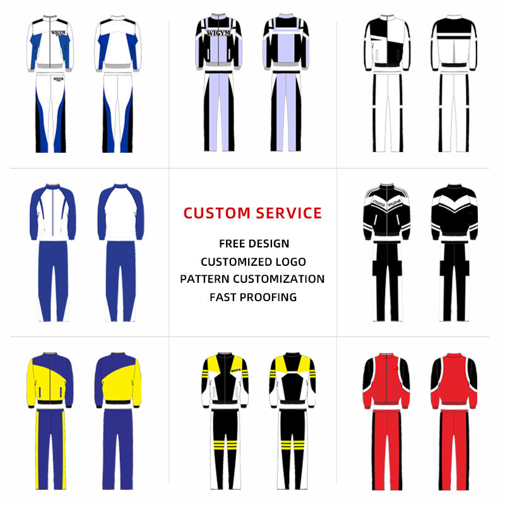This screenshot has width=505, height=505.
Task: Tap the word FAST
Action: pos(224,297)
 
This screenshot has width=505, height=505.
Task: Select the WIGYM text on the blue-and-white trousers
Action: pos(58,80)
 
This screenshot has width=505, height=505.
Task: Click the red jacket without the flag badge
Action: pos(453,382)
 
